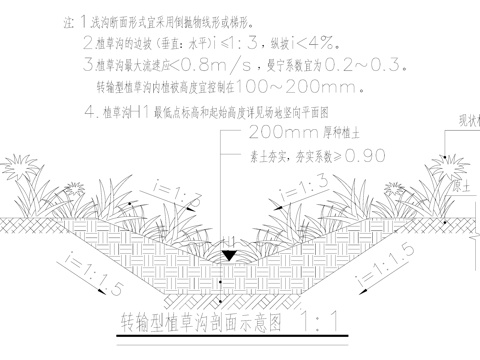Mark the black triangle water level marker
pyautogui.click(x=229, y=257)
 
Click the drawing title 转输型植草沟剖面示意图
pyautogui.click(x=195, y=322)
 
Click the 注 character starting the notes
pyautogui.click(x=67, y=20)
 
